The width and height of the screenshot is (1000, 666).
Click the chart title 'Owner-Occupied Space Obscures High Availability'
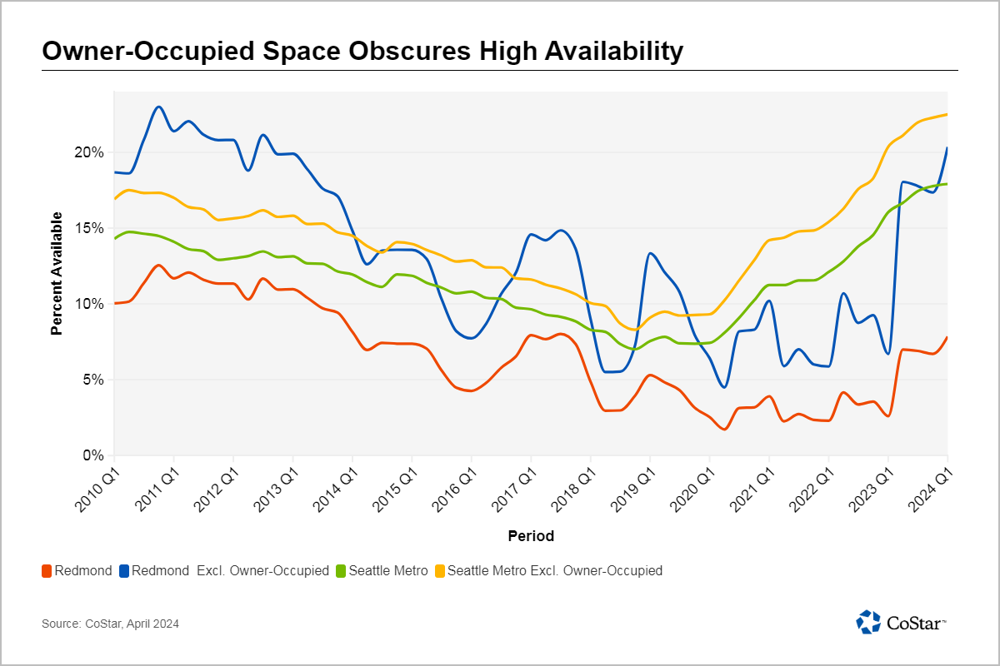tap(362, 52)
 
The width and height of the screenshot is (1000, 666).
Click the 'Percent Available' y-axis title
tap(57, 274)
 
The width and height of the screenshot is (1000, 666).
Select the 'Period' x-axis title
tap(531, 536)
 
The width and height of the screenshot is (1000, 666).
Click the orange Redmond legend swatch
tap(47, 571)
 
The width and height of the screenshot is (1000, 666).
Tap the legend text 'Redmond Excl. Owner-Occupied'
tap(230, 571)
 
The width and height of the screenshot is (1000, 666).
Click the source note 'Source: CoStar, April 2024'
tap(110, 624)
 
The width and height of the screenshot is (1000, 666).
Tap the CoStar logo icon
tap(868, 622)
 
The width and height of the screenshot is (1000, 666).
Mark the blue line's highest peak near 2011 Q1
tap(159, 107)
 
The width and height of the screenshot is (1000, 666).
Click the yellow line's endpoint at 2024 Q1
tap(947, 114)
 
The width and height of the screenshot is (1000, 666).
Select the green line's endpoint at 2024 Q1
tap(947, 184)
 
